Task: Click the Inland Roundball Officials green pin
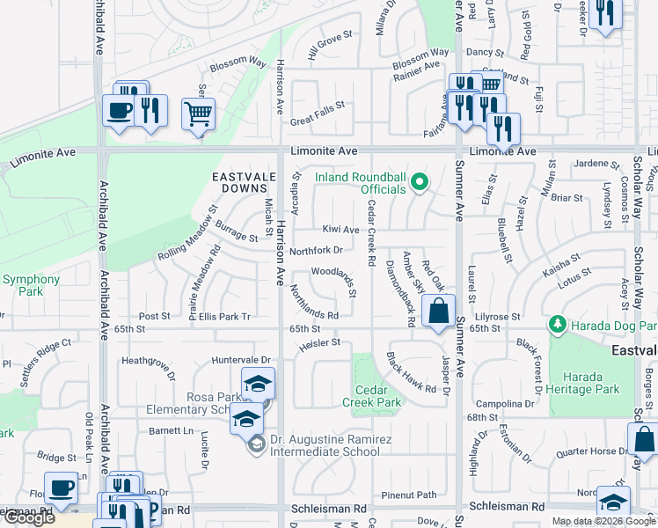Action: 420,182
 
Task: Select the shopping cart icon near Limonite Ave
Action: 199,114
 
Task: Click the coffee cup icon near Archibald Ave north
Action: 118,111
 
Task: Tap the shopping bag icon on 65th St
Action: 438,311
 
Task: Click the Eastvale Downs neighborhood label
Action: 239,182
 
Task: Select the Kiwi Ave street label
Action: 340,230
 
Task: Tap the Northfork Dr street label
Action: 315,250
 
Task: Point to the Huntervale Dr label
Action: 241,360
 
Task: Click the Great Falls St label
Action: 317,106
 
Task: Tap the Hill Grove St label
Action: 330,47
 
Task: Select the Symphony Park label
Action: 31,286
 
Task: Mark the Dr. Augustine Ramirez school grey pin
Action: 255,445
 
